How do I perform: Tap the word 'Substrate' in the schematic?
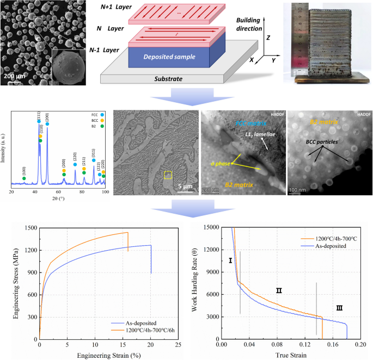pyautogui.click(x=168, y=79)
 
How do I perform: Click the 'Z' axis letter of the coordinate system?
pyautogui.click(x=268, y=39)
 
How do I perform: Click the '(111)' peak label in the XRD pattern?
pyautogui.click(x=38, y=115)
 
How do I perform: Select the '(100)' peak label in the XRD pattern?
pyautogui.click(x=24, y=170)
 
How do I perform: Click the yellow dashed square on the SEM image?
pyautogui.click(x=168, y=175)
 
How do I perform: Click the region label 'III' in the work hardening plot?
pyautogui.click(x=339, y=308)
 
